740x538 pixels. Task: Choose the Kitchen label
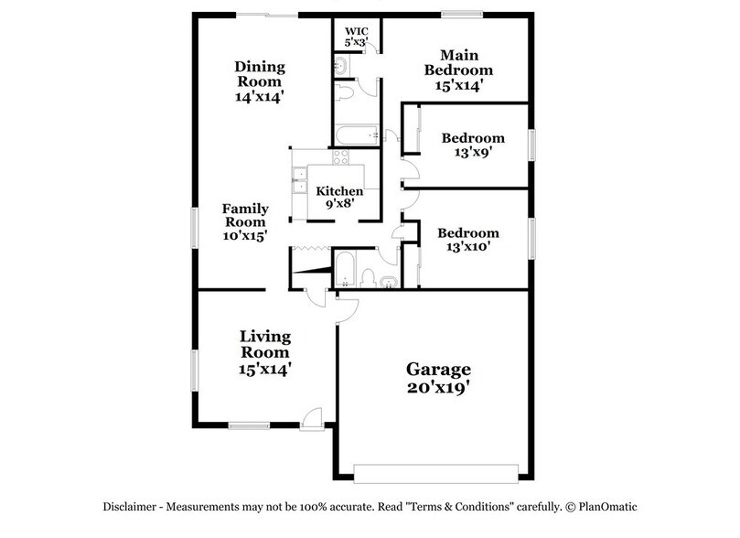(339, 191)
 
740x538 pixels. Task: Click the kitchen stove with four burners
(340, 157)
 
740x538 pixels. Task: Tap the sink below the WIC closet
(340, 66)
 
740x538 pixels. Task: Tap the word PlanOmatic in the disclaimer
(606, 507)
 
